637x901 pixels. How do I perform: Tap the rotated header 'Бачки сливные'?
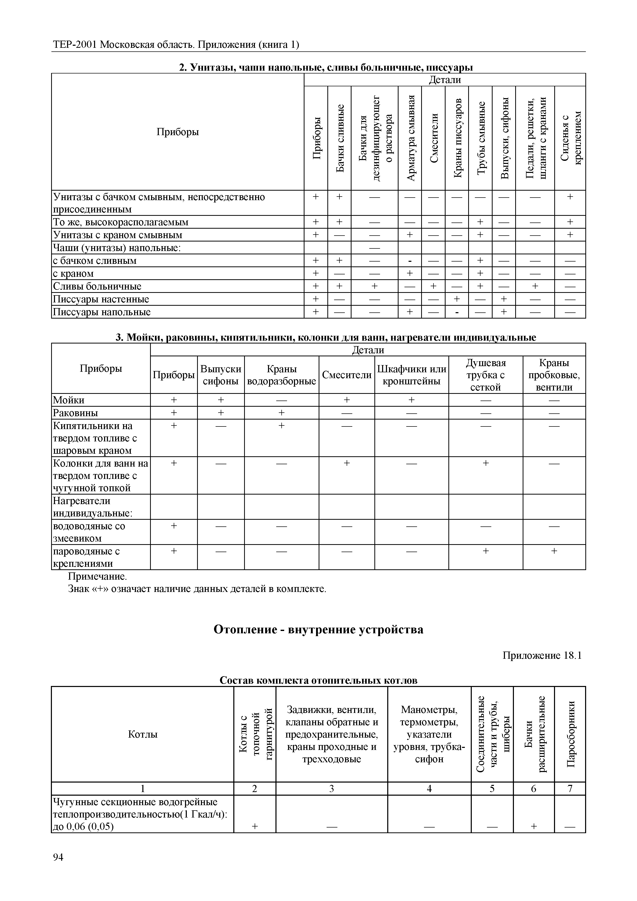340,138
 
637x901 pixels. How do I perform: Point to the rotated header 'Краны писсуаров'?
457,138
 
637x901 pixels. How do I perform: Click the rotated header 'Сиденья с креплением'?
570,138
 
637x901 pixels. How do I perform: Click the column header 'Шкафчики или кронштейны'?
411,375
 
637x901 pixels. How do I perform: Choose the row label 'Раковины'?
75,413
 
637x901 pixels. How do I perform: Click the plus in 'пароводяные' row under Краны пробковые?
554,551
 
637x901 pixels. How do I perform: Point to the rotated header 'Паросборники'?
570,734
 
